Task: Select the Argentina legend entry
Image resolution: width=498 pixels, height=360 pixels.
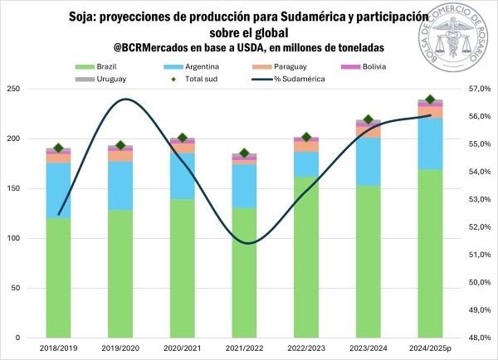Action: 202,66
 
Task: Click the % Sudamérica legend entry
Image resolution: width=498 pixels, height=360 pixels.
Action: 300,79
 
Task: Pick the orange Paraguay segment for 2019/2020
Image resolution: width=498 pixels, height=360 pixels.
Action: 120,156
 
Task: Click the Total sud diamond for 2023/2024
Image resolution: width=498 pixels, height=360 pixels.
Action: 369,120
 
